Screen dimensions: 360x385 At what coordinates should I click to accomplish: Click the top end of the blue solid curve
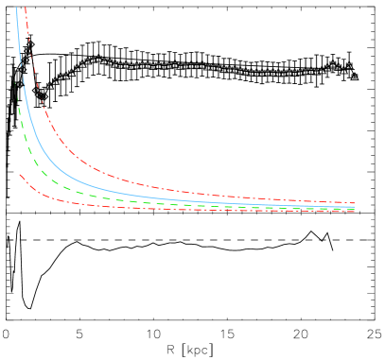point(17,9)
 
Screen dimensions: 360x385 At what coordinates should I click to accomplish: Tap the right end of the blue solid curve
point(354,207)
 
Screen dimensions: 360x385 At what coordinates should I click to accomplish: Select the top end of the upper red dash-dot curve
point(26,8)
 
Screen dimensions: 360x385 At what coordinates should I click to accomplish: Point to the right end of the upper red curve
point(354,203)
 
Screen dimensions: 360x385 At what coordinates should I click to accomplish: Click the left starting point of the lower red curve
point(19,173)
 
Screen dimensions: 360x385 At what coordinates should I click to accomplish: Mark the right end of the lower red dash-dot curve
point(354,212)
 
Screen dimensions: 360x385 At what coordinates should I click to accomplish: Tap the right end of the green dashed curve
point(354,209)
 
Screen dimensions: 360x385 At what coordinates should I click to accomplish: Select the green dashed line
point(95,196)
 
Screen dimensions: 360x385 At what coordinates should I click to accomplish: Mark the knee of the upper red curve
point(61,146)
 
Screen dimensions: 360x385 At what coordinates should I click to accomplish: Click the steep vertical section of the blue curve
point(21,57)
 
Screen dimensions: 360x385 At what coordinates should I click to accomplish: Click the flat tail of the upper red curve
point(284,199)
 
